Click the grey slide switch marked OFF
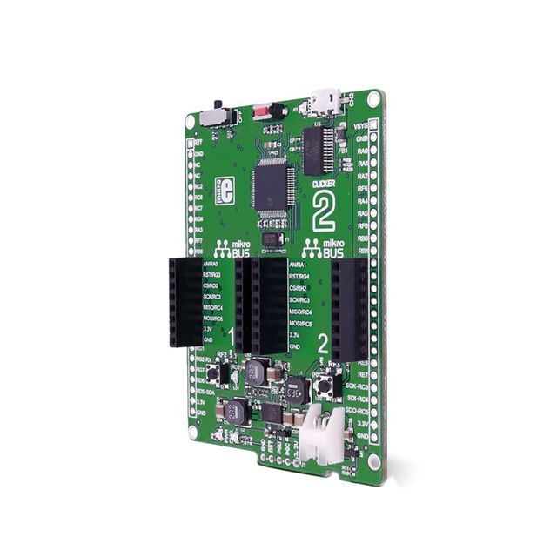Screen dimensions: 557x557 coord(212,116)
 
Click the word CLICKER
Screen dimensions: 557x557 coord(323,185)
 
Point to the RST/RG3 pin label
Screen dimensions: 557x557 coord(212,274)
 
